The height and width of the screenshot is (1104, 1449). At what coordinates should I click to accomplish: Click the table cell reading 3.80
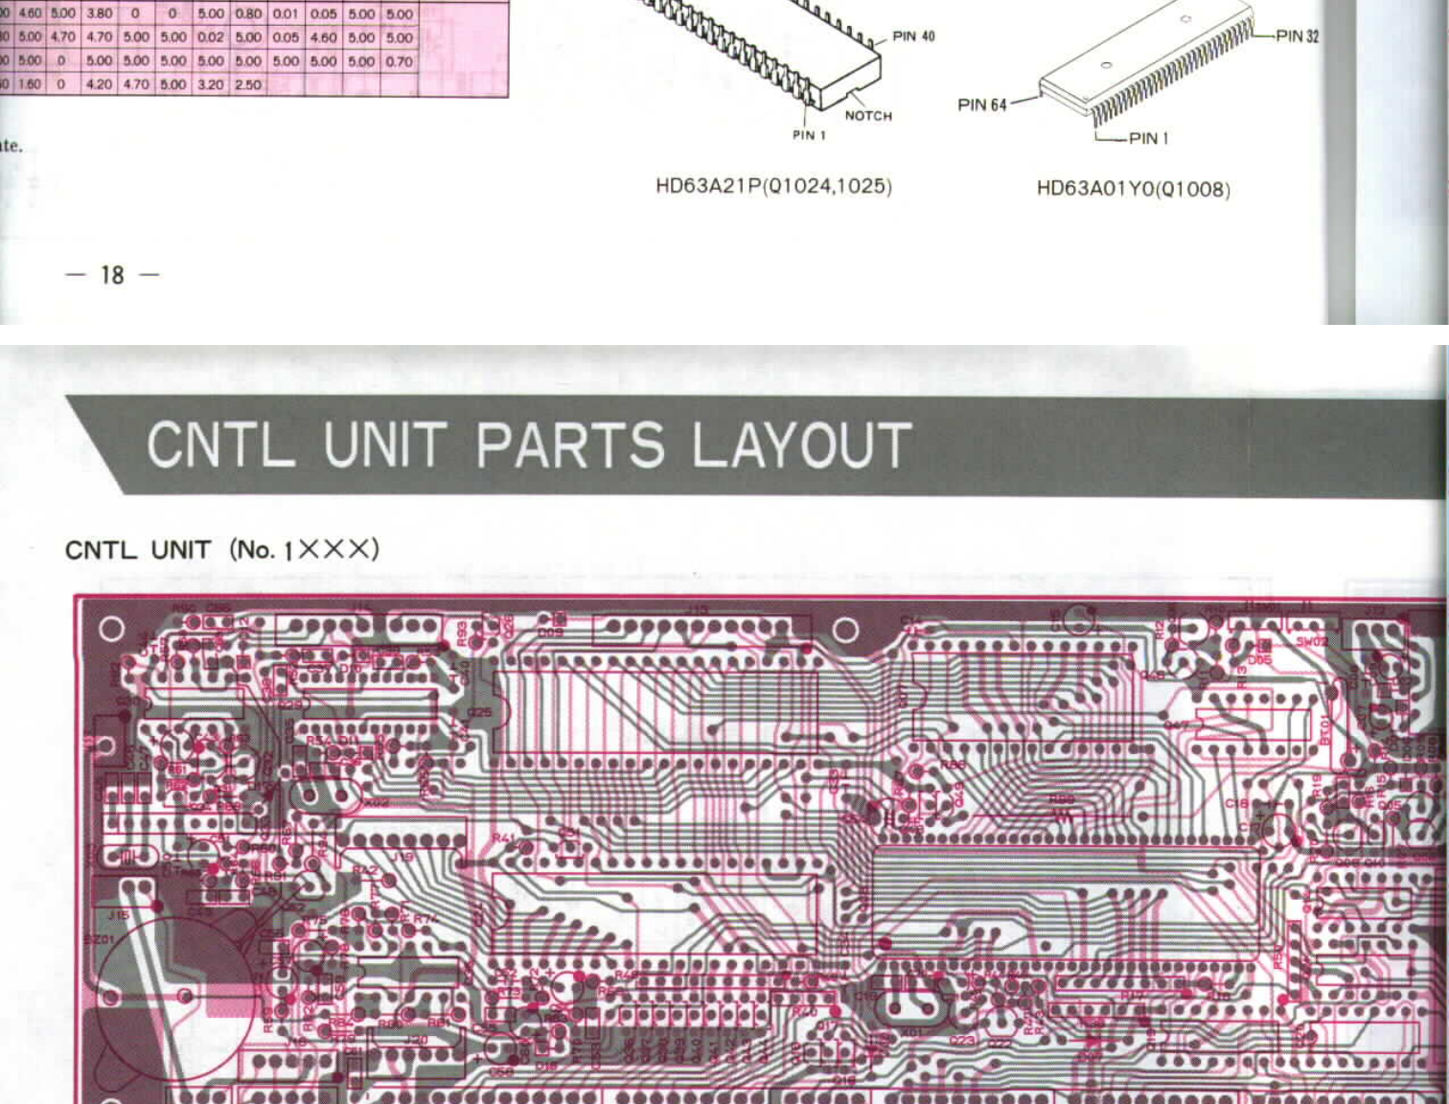99,14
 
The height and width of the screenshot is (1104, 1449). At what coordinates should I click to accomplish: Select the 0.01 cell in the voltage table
285,14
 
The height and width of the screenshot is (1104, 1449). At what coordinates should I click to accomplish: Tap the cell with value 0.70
399,61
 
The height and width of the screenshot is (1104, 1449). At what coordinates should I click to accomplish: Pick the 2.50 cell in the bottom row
248,84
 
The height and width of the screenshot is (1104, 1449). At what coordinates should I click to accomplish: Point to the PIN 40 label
912,36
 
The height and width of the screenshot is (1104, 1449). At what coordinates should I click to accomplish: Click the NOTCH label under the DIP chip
868,116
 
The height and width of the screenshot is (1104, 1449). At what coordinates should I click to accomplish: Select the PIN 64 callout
982,104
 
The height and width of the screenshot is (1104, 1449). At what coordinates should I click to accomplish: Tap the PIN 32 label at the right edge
1297,36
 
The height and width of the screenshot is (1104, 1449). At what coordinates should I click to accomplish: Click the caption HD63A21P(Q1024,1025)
773,186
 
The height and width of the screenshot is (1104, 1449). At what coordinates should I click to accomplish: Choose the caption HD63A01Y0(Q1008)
1133,189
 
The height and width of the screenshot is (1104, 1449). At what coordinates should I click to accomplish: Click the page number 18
112,276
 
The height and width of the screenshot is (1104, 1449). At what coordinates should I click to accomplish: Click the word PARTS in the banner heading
569,446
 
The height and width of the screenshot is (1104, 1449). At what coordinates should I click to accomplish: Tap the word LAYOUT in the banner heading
800,446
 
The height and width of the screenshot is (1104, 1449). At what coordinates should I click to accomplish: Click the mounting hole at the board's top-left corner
111,629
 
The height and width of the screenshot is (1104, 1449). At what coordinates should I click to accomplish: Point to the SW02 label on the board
1311,640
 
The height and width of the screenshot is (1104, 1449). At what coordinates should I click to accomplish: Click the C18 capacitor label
1236,803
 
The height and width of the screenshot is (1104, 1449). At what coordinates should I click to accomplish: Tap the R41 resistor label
502,839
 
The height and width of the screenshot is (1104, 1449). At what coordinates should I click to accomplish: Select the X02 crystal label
377,802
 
